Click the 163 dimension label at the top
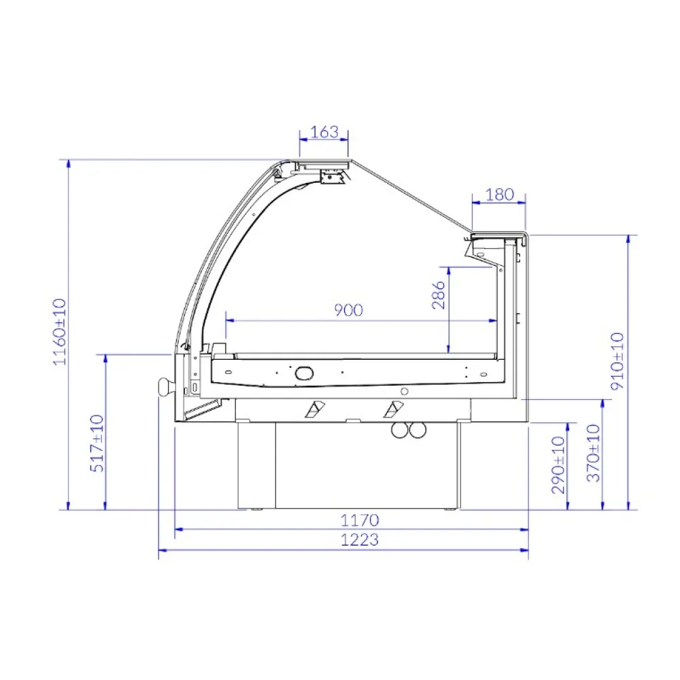point(324,132)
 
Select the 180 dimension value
point(500,194)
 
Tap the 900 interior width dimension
point(349,310)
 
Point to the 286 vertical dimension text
point(439,296)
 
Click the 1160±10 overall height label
point(60,332)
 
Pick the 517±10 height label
point(97,443)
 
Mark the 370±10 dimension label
point(594,454)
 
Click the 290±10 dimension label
point(558,466)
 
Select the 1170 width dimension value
point(360,521)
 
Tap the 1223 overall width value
point(360,541)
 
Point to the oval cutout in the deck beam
point(303,372)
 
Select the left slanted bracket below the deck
point(315,409)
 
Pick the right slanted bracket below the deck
point(392,409)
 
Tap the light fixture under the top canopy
point(333,177)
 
